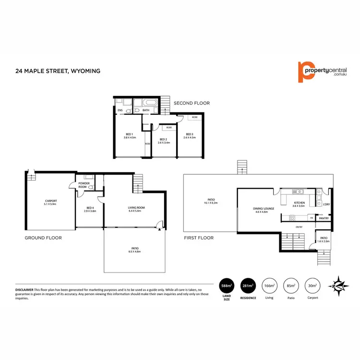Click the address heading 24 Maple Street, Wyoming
pyautogui.click(x=58, y=71)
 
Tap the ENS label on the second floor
pyautogui.click(x=120, y=110)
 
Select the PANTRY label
pyautogui.click(x=323, y=218)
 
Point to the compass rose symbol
pyautogui.click(x=338, y=285)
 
